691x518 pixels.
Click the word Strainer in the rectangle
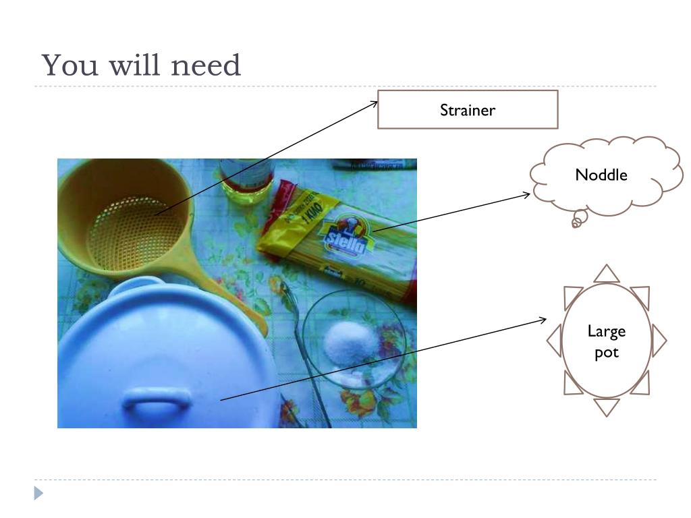tap(467, 110)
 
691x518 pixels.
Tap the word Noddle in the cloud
tap(601, 175)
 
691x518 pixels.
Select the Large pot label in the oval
tap(606, 341)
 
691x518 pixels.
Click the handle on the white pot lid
tap(157, 401)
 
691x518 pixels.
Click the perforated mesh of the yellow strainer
tap(135, 233)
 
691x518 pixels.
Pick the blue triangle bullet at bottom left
tap(38, 494)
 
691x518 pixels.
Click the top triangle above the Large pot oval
tap(607, 273)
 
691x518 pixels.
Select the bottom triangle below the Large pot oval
tap(607, 407)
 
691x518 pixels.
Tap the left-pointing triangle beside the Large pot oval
tap(555, 340)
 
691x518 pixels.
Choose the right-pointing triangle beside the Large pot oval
tap(659, 341)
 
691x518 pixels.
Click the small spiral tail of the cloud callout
tap(577, 221)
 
